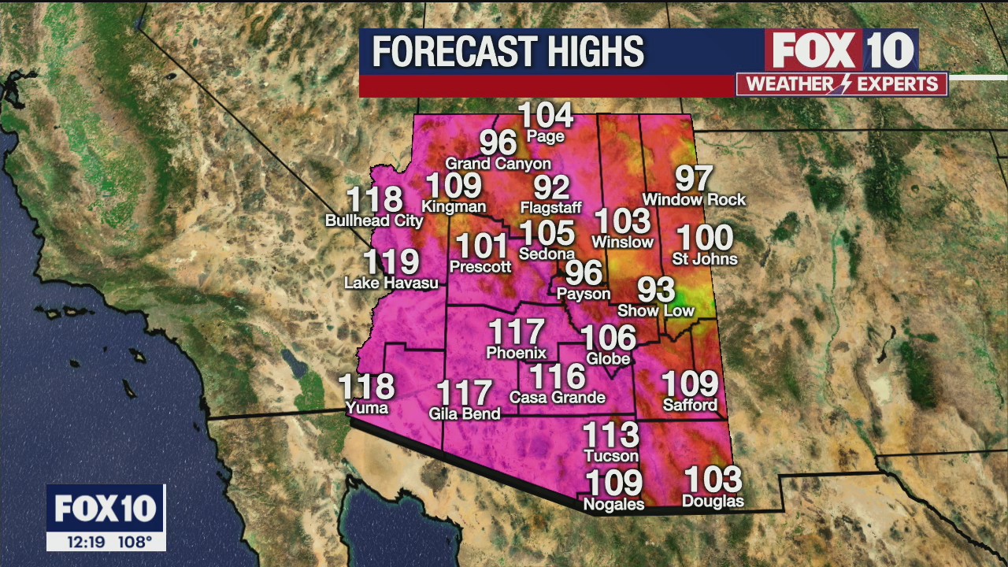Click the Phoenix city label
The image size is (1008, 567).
click(x=516, y=353)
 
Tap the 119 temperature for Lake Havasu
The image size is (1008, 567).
click(x=391, y=262)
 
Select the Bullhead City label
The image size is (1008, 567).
click(x=374, y=221)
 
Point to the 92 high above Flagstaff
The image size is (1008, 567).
click(x=551, y=187)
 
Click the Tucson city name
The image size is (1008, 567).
click(x=611, y=456)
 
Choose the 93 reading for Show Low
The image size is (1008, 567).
click(x=656, y=290)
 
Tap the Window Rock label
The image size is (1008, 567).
click(x=694, y=200)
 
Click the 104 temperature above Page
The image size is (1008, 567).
click(x=546, y=116)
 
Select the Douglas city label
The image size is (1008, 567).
click(x=713, y=501)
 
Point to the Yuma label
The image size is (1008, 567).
click(x=367, y=407)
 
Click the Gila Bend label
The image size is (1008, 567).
click(x=465, y=413)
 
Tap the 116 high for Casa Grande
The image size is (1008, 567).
click(x=557, y=376)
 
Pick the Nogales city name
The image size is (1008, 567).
click(x=613, y=504)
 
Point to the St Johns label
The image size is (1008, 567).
click(x=705, y=258)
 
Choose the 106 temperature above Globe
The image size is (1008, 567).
click(x=608, y=338)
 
